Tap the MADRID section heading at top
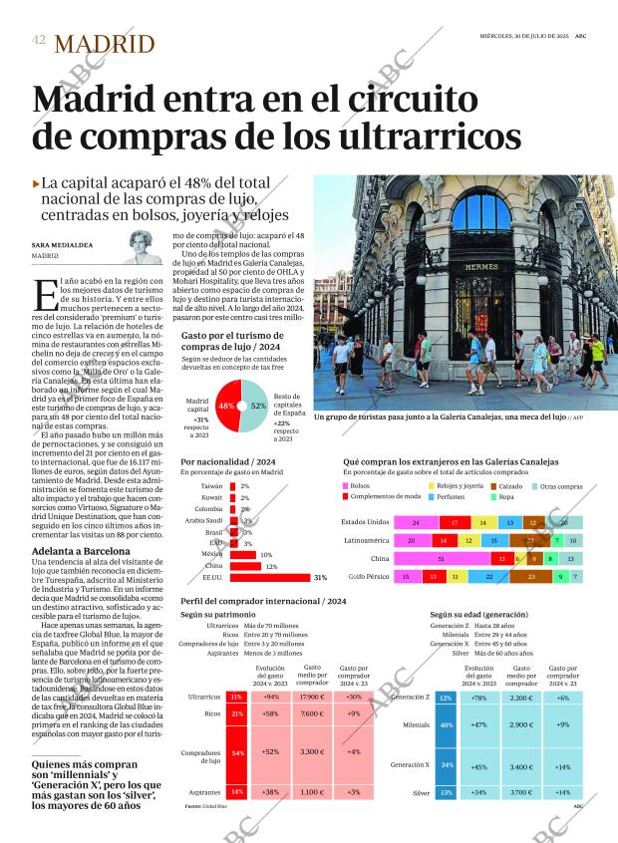point(105,43)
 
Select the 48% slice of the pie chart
point(225,406)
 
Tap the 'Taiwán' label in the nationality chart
point(211,485)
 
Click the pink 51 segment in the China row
point(442,559)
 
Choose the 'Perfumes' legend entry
point(452,495)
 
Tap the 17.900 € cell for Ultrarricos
point(312,697)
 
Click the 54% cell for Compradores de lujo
point(237,752)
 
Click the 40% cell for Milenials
point(447,724)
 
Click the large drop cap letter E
point(45,294)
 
